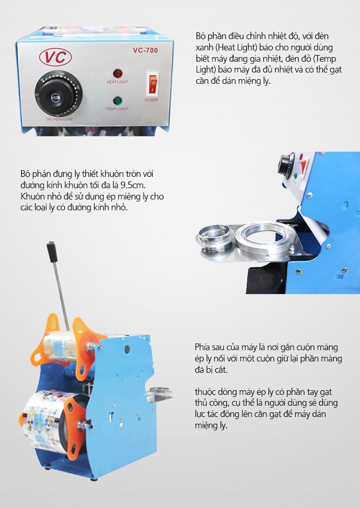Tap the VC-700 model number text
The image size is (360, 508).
click(146, 50)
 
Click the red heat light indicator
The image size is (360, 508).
click(118, 73)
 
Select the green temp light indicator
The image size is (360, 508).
click(117, 100)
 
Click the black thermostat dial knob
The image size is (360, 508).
click(55, 96)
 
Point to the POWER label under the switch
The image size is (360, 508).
click(152, 100)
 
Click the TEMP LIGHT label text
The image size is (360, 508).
click(117, 109)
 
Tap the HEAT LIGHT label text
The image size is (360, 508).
click(117, 82)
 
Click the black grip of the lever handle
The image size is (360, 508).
click(52, 252)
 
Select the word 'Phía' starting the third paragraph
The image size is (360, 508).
click(202, 347)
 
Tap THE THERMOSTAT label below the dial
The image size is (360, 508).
click(59, 120)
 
